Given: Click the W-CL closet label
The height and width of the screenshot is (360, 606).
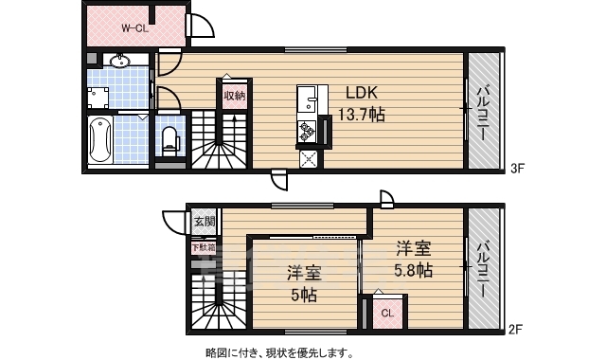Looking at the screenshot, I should [133, 27].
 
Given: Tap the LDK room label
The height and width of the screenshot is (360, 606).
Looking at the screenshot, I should [362, 94].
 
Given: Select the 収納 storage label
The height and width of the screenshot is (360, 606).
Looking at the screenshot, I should [235, 96].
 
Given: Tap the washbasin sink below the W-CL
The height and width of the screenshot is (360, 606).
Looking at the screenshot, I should [119, 63].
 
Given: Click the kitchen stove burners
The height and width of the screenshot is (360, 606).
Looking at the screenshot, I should [309, 130].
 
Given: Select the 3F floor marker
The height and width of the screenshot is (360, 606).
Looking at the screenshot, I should [517, 171].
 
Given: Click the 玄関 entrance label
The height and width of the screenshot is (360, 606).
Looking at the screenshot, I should [205, 223].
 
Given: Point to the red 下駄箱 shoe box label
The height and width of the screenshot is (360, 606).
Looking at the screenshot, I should [204, 248].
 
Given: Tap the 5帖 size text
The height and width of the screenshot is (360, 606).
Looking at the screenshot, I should [304, 295].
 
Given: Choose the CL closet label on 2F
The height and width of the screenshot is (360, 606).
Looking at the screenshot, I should [388, 313].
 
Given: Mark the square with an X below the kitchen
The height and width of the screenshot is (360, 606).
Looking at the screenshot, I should [309, 158].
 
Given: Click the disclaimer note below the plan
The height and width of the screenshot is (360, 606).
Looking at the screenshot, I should [279, 352].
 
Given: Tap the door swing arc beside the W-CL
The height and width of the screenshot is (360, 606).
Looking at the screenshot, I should [201, 27].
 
